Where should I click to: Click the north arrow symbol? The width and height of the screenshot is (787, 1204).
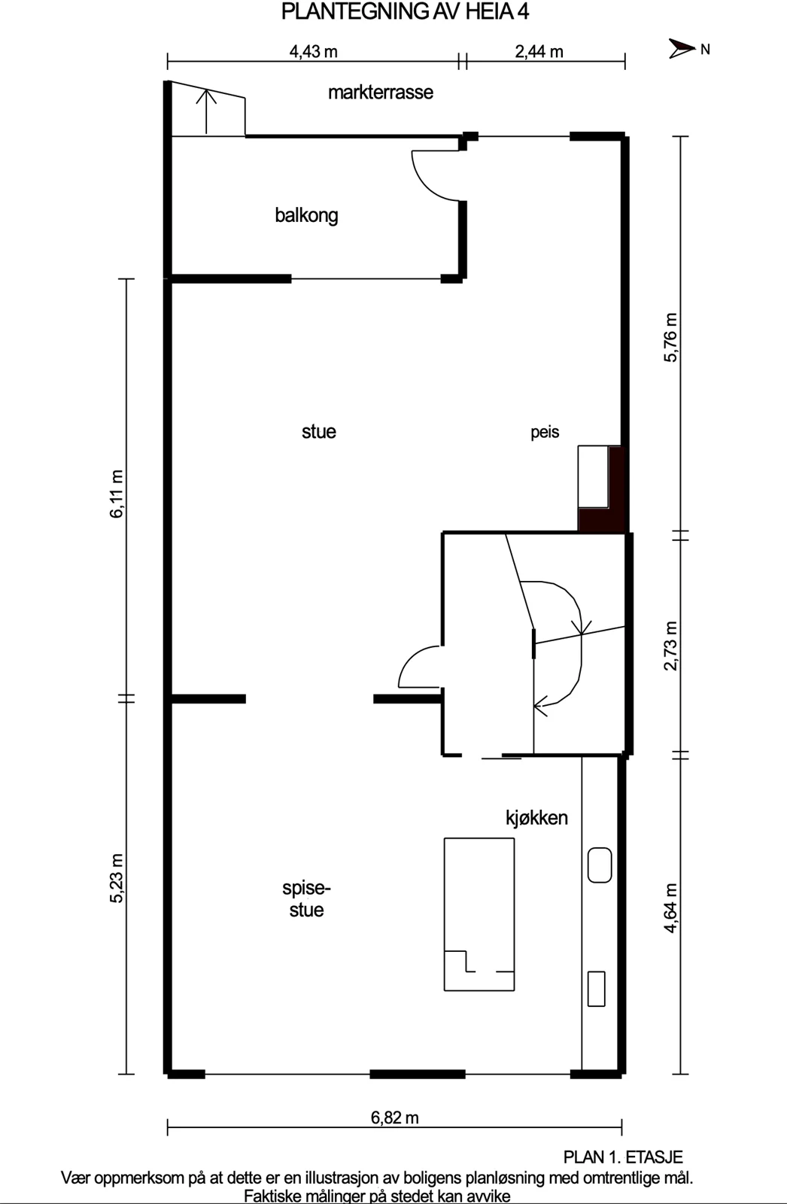(x=682, y=49)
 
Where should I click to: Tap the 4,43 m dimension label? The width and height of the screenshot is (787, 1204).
(x=314, y=52)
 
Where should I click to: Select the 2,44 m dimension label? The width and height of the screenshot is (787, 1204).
(x=539, y=52)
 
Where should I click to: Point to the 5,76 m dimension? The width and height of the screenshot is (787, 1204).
(x=671, y=338)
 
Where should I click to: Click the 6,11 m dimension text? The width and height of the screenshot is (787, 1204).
(x=116, y=494)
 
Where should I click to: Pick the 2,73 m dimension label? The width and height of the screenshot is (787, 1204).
(x=671, y=646)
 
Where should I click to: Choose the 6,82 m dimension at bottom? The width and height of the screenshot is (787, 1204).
(x=394, y=1117)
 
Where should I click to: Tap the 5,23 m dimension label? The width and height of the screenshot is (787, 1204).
(x=116, y=878)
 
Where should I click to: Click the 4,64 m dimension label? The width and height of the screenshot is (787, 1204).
(x=671, y=908)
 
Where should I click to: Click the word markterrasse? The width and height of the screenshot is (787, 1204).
(x=381, y=93)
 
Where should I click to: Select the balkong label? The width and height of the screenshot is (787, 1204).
(x=306, y=215)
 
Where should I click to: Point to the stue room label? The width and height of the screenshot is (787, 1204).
(x=319, y=432)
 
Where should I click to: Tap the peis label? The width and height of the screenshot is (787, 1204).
(x=545, y=432)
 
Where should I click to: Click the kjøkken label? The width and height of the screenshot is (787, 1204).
(x=536, y=817)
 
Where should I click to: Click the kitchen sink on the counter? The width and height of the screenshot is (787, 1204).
(x=600, y=865)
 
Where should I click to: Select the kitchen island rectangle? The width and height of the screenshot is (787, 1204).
(x=479, y=914)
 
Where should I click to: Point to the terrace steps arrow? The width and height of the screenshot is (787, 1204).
(x=206, y=112)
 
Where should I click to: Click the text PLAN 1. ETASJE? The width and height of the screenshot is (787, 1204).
(x=623, y=1157)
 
